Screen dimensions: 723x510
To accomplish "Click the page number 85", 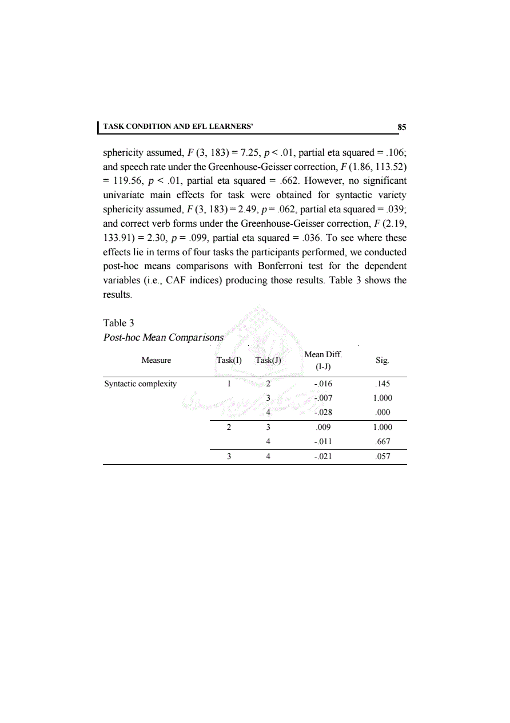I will pos(402,127).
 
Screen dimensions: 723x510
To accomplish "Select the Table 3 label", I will pos(118,323).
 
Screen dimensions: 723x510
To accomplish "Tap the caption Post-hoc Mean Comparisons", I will pos(163,337).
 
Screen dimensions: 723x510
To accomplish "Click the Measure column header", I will pos(156,361).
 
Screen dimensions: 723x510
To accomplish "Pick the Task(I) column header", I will pos(229,361).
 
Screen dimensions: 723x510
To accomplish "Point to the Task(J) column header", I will pos(268,361).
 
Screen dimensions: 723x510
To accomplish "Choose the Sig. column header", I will pos(382,361).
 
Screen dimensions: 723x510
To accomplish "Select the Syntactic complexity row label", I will pos(140,384).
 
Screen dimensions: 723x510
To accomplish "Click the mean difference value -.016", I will pos(323,384).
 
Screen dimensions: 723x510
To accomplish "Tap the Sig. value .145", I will pos(382,384).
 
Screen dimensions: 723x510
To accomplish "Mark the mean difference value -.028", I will pos(323,413).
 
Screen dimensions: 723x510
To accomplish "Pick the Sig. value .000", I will pos(382,413).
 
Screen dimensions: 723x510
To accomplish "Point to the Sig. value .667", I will pos(382,442).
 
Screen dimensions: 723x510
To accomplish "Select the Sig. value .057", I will pos(382,457).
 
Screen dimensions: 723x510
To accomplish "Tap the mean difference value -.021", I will pos(323,457).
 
